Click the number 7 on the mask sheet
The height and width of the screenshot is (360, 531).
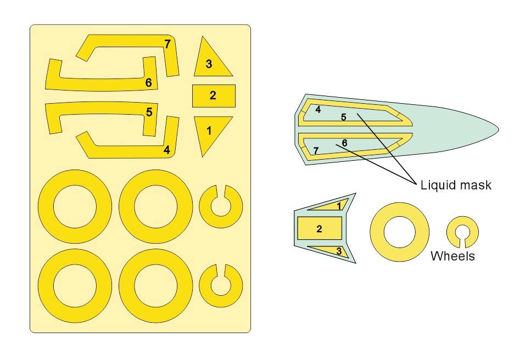(x=167, y=44)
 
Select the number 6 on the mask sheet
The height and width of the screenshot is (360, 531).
(x=149, y=83)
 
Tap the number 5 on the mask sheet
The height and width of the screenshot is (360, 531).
(x=149, y=113)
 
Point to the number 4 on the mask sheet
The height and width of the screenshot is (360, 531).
(x=166, y=149)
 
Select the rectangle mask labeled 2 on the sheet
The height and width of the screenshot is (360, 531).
(x=214, y=96)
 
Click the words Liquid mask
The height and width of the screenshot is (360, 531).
(x=455, y=185)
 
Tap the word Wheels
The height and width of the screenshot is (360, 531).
(x=452, y=256)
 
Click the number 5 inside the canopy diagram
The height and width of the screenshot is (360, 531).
(x=344, y=117)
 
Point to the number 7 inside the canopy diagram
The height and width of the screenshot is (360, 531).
(x=316, y=150)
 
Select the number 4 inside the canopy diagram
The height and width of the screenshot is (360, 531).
(x=318, y=110)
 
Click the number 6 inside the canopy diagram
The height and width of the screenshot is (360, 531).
(x=344, y=143)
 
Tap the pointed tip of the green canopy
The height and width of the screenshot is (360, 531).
(x=497, y=130)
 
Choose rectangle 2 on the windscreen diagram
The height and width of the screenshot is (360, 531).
(x=320, y=228)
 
